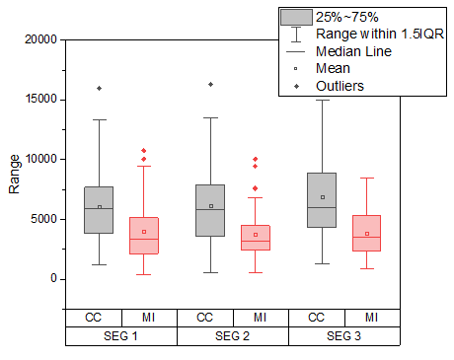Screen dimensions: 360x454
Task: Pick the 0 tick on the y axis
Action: pos(53,278)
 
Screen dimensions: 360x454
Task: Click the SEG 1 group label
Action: pos(120,336)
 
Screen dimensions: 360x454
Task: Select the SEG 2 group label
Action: pos(232,336)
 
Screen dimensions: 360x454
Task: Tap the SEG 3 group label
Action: pos(343,336)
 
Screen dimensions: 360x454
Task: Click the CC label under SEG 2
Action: pos(204,318)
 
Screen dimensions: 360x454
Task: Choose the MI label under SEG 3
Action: pos(371,318)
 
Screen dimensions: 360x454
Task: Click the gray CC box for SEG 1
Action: pos(99,209)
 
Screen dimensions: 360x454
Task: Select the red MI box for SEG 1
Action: pos(144,236)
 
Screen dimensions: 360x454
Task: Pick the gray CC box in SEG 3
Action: pos(322,200)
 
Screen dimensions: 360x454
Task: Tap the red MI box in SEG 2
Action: pos(256,237)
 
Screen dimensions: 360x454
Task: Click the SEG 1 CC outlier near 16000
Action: pos(99,89)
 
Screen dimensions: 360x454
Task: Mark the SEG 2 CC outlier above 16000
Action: pos(210,85)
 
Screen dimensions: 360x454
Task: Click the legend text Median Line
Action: pos(354,50)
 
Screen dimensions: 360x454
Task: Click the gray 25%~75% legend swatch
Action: pos(296,17)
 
